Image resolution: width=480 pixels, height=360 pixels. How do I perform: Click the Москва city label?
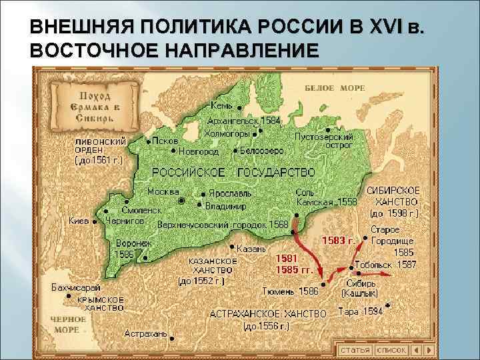tap(163, 191)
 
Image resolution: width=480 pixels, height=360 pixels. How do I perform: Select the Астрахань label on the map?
tap(145, 333)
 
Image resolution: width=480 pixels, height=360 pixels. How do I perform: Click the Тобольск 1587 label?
tap(386, 265)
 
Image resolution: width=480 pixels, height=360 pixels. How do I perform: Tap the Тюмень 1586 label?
tap(290, 291)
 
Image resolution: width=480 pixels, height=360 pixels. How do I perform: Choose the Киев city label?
tap(79, 221)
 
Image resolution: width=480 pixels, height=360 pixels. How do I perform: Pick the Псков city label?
tap(165, 141)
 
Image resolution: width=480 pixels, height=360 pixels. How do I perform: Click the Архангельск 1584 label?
tap(245, 121)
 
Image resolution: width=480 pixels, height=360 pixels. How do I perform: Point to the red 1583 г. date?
tap(337, 239)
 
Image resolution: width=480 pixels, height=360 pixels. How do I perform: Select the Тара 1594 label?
tap(361, 311)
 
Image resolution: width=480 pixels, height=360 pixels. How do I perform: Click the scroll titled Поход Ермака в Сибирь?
tap(87, 109)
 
